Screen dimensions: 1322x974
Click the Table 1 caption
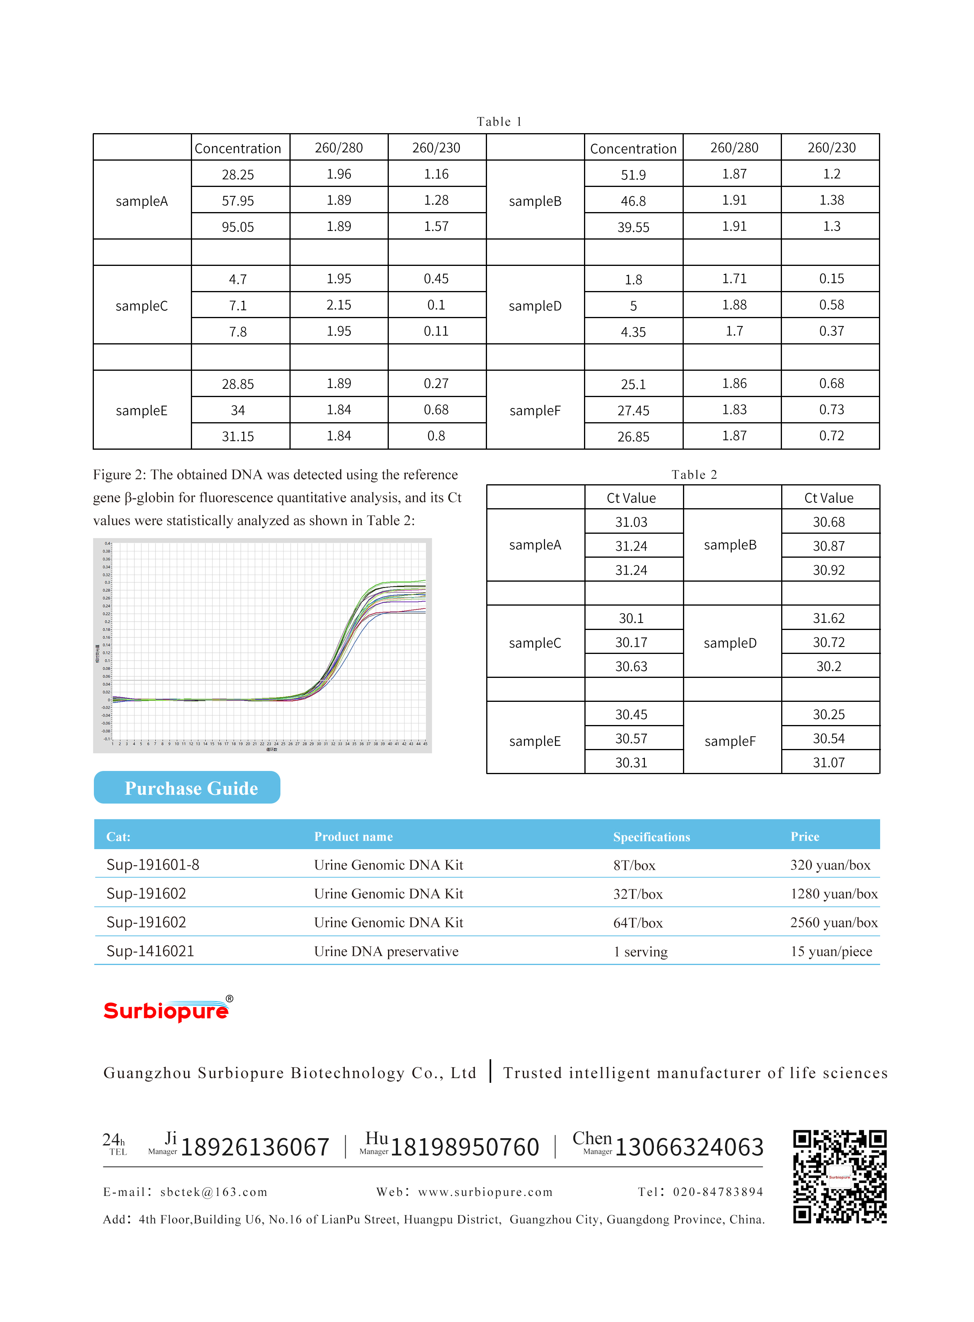coord(499,121)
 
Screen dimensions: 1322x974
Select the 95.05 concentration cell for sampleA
coord(238,227)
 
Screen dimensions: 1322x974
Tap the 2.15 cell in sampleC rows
coord(339,305)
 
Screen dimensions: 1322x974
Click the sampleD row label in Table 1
coord(535,306)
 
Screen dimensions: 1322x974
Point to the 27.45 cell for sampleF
coord(633,410)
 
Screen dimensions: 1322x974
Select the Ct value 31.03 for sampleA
coord(631,522)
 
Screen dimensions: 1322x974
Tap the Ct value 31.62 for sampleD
coord(828,618)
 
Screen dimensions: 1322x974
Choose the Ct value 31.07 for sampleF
coord(828,762)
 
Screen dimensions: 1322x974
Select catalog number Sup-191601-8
coord(153,864)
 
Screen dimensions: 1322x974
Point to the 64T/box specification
coord(637,922)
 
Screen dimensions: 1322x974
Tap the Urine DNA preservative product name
coord(386,951)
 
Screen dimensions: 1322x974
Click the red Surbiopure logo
coord(167,1011)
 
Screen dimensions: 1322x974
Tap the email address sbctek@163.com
coord(213,1192)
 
